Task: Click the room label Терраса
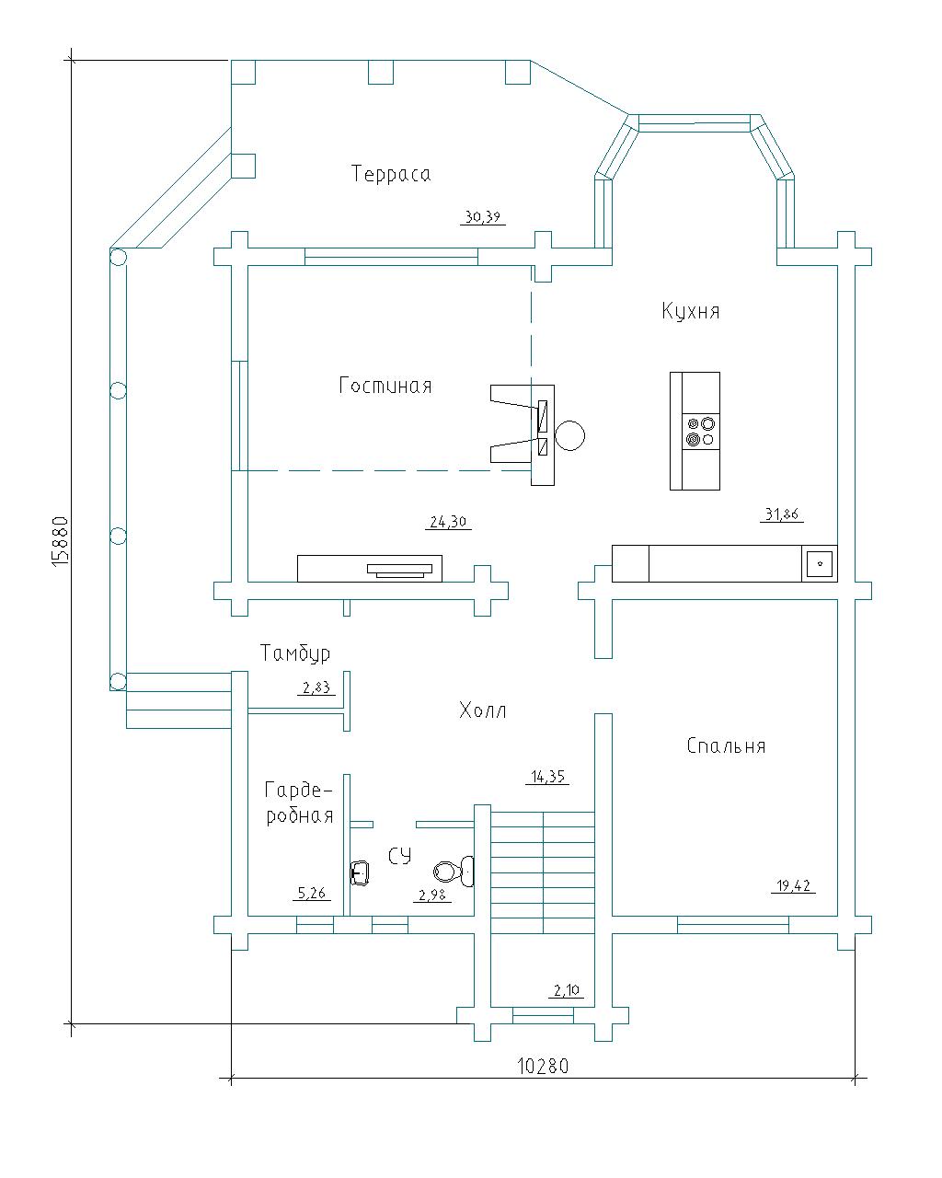coord(390,174)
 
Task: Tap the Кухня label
coord(690,310)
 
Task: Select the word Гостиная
coord(385,386)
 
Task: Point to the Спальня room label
coord(726,745)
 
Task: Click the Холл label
coord(482,710)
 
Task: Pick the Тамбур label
coord(295,653)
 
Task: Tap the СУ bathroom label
coord(399,856)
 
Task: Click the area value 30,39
coord(483,217)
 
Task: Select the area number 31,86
coord(782,514)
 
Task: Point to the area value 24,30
coord(448,521)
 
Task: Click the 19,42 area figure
coord(793,885)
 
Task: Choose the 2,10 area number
coord(566,989)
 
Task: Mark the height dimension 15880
coord(59,541)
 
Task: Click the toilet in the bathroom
coord(454,871)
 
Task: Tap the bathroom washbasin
coord(361,872)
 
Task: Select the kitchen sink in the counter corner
coord(820,562)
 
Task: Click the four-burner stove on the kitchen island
coord(701,432)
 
